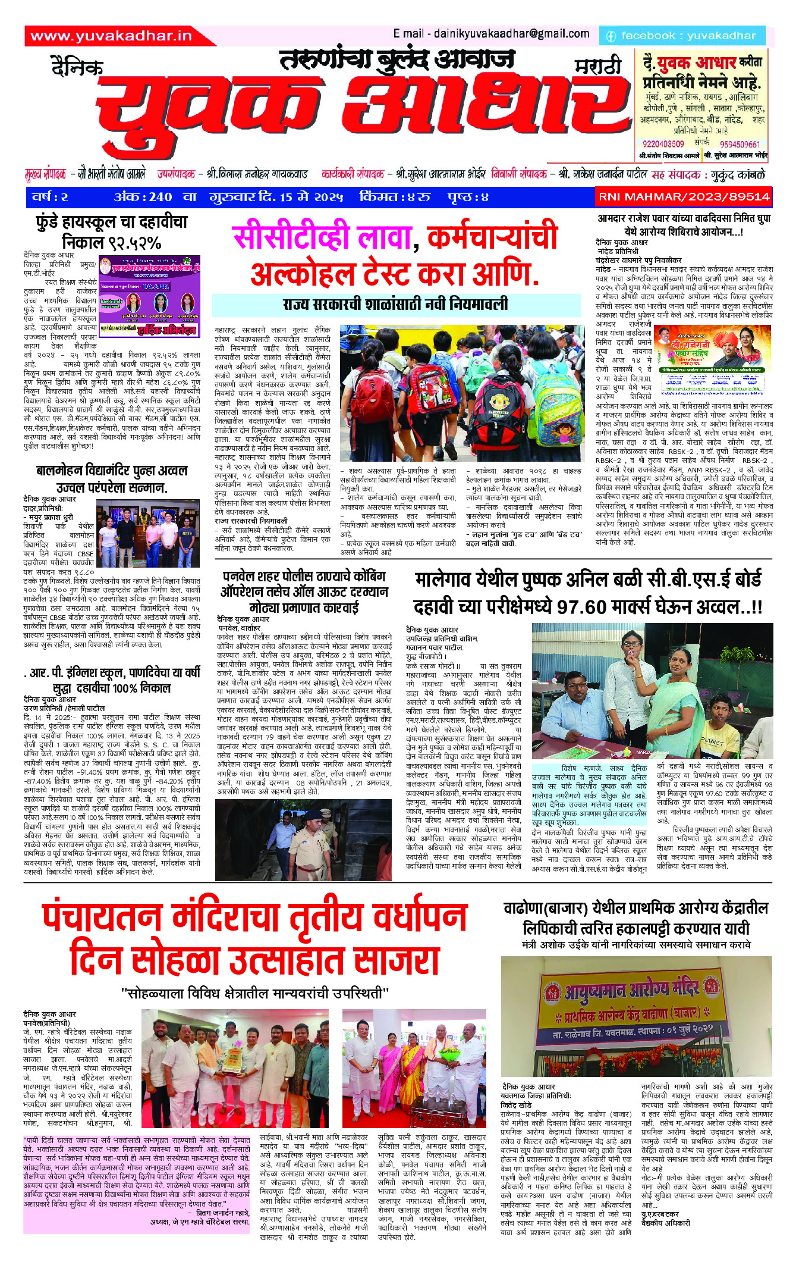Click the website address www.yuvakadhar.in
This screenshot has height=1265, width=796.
(x=111, y=36)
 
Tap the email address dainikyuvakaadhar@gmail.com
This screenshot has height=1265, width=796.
(x=491, y=34)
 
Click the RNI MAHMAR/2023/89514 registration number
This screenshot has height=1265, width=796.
(x=684, y=196)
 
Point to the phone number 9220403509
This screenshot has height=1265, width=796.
(x=663, y=144)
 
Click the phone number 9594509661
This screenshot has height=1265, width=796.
(x=740, y=144)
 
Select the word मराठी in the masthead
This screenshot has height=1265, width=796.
(x=597, y=67)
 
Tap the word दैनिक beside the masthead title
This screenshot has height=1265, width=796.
(x=77, y=67)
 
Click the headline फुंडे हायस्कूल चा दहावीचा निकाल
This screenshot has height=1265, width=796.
(x=112, y=232)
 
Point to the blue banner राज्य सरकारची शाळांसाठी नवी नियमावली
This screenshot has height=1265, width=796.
(x=396, y=305)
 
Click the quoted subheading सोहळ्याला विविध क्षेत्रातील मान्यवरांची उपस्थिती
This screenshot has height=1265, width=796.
(x=254, y=993)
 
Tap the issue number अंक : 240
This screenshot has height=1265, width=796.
(x=143, y=197)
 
